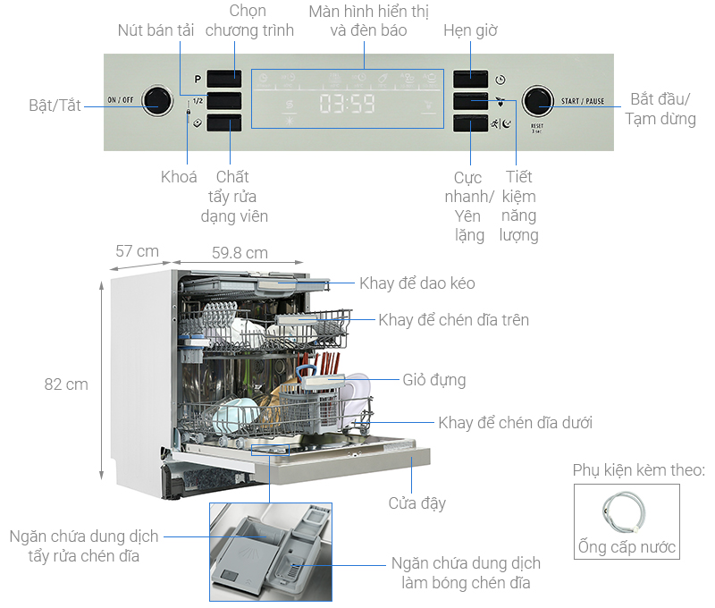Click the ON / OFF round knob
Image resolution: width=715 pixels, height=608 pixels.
click(x=158, y=100)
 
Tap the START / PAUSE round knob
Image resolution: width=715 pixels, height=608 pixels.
click(x=538, y=100)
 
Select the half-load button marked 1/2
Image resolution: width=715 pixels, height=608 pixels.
click(x=223, y=101)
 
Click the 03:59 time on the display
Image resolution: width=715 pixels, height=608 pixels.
click(x=347, y=105)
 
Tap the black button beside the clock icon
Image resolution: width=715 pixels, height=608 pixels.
click(x=470, y=79)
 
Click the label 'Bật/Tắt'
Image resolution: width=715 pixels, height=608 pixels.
click(x=55, y=106)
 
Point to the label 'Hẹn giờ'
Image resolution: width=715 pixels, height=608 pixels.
click(x=470, y=30)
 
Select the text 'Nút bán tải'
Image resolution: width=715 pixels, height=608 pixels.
click(x=156, y=30)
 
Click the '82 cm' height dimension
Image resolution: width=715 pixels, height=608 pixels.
click(x=66, y=384)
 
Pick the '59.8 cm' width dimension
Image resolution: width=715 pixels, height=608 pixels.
click(x=240, y=253)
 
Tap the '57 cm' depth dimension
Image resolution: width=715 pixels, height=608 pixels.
click(x=137, y=251)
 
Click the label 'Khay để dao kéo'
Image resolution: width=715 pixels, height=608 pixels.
click(x=417, y=283)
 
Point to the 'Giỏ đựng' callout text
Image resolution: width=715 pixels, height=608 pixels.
click(x=434, y=380)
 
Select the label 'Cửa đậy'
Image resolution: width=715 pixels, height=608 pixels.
click(x=416, y=502)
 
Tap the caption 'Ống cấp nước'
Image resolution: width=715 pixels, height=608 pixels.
click(x=627, y=547)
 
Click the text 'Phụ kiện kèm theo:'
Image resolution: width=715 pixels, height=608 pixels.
click(x=638, y=470)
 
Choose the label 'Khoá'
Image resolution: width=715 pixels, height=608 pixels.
click(x=179, y=177)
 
